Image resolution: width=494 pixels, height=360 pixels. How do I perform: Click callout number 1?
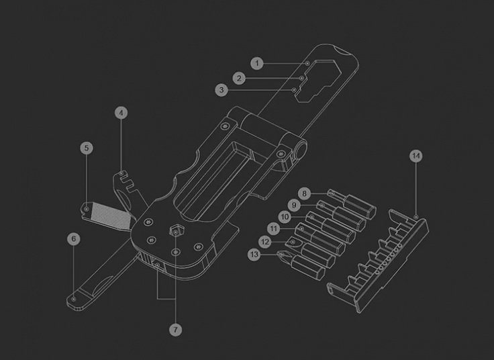click(x=256, y=63)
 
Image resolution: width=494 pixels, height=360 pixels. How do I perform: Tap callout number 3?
click(x=222, y=89)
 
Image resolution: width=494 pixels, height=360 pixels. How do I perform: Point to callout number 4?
click(x=121, y=113)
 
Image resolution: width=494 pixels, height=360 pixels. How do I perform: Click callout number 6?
click(x=73, y=238)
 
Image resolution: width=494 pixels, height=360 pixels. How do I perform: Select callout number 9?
click(x=293, y=205)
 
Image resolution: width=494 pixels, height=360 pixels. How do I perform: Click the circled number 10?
click(x=285, y=216)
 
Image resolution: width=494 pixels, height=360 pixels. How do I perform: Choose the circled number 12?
click(x=265, y=241)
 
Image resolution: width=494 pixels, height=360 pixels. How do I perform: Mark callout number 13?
click(x=254, y=254)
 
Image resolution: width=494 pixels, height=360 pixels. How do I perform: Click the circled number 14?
click(x=416, y=156)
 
